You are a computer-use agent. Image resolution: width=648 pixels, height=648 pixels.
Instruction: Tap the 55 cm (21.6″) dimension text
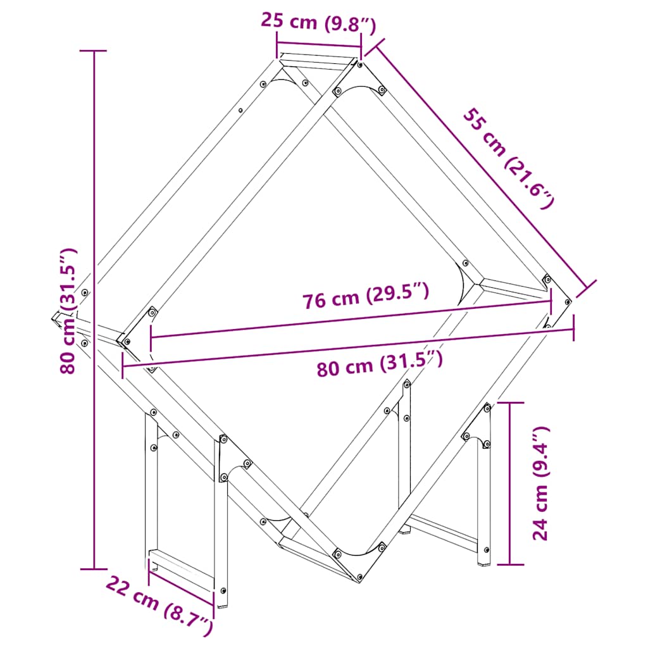coord(509,158)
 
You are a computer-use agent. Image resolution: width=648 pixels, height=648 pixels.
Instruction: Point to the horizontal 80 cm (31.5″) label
coord(378,364)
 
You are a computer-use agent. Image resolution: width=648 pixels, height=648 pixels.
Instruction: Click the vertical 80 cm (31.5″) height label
coord(70,310)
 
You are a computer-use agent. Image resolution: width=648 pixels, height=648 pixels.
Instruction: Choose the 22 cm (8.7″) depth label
coord(158,604)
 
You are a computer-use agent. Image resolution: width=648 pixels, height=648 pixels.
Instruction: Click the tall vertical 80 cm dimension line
coord(95,190)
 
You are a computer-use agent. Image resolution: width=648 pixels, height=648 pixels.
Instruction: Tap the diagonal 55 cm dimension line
coord(481,165)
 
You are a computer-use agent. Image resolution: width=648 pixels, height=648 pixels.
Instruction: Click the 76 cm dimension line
coord(351,319)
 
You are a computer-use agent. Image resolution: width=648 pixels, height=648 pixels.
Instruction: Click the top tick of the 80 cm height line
coord(95,51)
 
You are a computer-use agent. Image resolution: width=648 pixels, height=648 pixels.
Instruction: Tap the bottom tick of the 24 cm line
coord(509,564)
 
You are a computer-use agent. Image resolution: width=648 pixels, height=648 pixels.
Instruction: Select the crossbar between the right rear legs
coord(443,531)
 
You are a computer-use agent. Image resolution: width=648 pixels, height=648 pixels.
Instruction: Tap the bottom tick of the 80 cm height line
coord(95,569)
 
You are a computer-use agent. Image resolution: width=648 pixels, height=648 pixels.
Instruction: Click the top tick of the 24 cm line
coord(509,402)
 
